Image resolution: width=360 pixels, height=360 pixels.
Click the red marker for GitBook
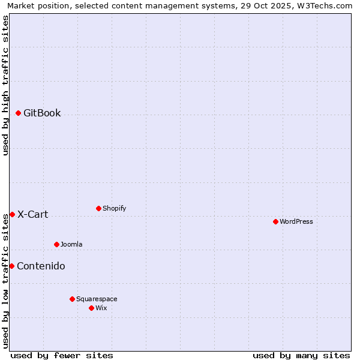click(x=18, y=113)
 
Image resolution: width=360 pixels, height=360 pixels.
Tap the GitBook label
click(x=42, y=113)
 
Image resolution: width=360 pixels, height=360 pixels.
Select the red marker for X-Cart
click(x=12, y=214)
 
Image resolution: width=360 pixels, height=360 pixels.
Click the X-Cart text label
click(x=32, y=214)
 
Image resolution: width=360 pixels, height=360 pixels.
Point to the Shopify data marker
click(x=98, y=208)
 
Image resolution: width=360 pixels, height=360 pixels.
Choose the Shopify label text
click(x=114, y=208)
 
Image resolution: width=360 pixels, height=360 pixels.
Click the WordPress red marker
click(x=275, y=221)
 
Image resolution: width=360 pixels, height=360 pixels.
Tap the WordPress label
click(x=296, y=221)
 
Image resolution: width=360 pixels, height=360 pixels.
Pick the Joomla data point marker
click(x=56, y=244)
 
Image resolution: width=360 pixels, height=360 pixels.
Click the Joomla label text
click(x=71, y=244)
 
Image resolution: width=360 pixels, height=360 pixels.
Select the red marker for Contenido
click(x=11, y=266)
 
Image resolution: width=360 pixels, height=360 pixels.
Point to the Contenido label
click(x=41, y=266)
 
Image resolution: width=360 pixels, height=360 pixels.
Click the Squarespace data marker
click(x=72, y=299)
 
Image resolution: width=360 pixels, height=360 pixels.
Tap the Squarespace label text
click(x=97, y=299)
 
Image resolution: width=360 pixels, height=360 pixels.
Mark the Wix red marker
click(x=91, y=308)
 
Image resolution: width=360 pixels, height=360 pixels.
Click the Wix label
click(x=101, y=308)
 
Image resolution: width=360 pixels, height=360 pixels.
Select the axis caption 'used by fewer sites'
click(x=62, y=355)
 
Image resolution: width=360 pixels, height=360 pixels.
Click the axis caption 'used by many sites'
click(x=301, y=355)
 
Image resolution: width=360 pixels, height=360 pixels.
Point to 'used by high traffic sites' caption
click(x=6, y=85)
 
